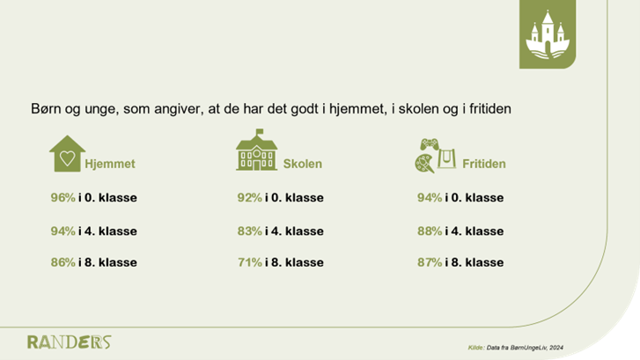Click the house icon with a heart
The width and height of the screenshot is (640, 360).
pyautogui.click(x=65, y=153)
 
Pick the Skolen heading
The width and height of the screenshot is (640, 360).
pyautogui.click(x=303, y=165)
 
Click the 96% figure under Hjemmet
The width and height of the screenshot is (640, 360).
pyautogui.click(x=63, y=198)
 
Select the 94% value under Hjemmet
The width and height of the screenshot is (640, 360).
pyautogui.click(x=63, y=231)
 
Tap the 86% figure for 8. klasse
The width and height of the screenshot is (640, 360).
pyautogui.click(x=63, y=262)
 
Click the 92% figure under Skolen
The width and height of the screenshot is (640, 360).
pyautogui.click(x=250, y=198)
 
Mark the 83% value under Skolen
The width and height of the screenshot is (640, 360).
pyautogui.click(x=250, y=231)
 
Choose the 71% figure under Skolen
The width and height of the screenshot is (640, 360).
pyautogui.click(x=250, y=262)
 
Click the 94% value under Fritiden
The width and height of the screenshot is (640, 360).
pyautogui.click(x=430, y=198)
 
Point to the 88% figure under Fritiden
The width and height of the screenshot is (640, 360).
pyautogui.click(x=430, y=231)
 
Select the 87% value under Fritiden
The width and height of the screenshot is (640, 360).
pyautogui.click(x=430, y=262)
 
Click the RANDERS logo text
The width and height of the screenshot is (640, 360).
pyautogui.click(x=69, y=342)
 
